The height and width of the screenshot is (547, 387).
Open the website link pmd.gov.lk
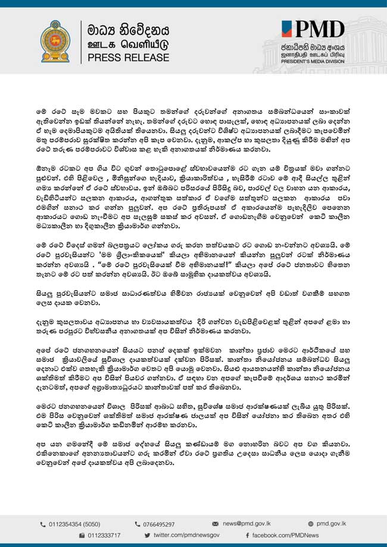(x=332, y=524)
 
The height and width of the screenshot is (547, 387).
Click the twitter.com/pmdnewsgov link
(x=185, y=536)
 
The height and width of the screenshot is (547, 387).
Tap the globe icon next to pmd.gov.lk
(x=311, y=524)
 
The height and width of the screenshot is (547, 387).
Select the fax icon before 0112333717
(x=82, y=536)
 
